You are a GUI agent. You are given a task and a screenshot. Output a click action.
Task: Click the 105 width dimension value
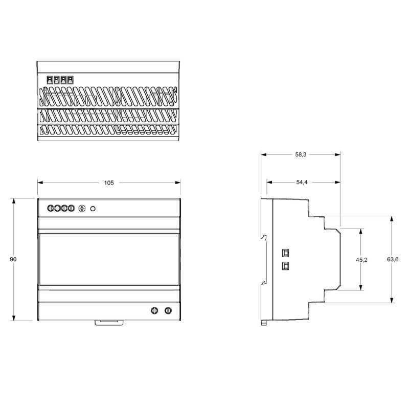(x=109, y=183)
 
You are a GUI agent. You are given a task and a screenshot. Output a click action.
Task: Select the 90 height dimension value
(x=13, y=259)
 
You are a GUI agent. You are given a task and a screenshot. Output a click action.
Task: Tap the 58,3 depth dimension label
(x=301, y=155)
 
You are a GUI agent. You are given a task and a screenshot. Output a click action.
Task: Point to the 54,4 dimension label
(x=302, y=183)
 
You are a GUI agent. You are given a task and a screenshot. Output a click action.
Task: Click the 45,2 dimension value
(x=361, y=260)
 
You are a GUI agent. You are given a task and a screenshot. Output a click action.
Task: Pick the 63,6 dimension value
(x=393, y=259)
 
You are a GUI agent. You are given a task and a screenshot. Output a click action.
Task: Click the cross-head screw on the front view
(x=82, y=209)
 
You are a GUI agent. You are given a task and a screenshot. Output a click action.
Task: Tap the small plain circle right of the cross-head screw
(x=93, y=209)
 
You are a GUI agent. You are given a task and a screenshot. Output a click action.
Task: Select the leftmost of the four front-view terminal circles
(x=51, y=208)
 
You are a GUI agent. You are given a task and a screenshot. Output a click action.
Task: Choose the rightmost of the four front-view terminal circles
(x=71, y=208)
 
